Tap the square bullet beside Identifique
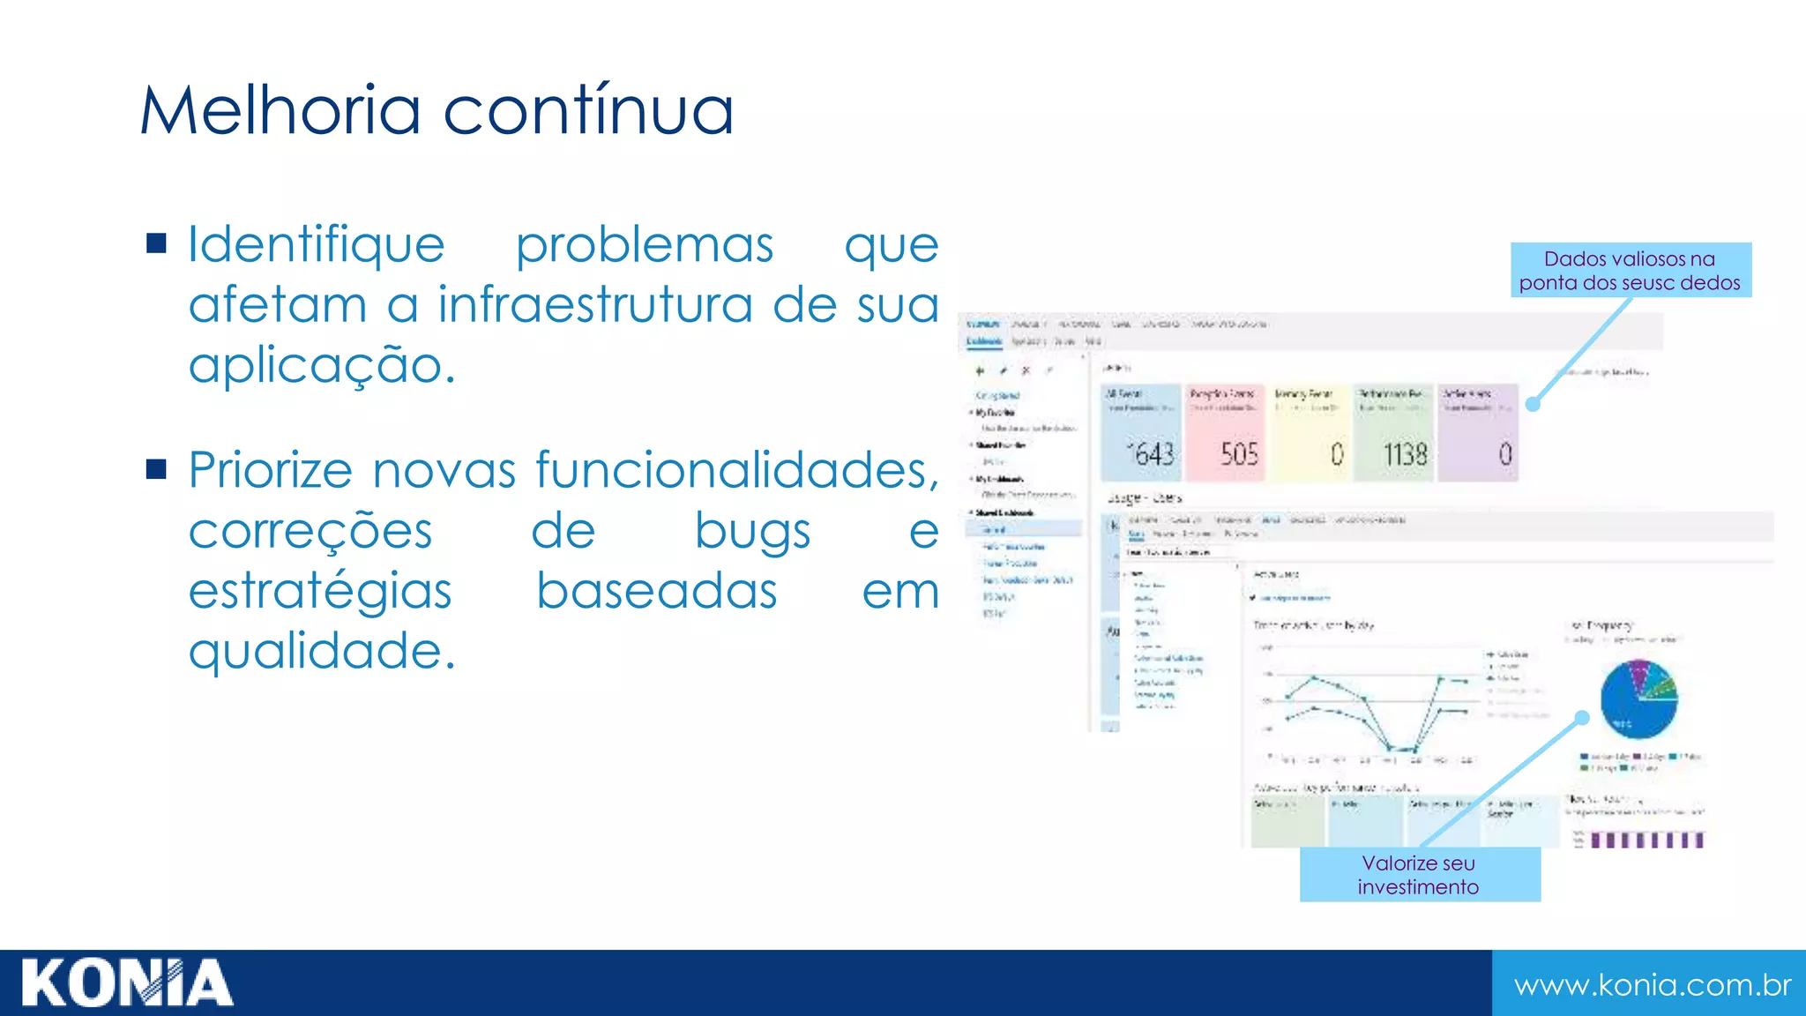pos(157,243)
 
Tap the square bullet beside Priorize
pos(157,468)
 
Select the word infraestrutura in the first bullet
pos(596,304)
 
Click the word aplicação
pos(322,364)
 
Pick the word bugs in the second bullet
pos(752,531)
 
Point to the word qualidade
pos(322,651)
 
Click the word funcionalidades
pos(737,469)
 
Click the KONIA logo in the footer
pos(127,982)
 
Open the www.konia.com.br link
pos(1652,984)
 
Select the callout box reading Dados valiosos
pos(1631,270)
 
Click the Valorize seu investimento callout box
pos(1419,874)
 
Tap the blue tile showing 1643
pos(1141,433)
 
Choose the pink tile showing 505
pos(1225,433)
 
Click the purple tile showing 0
pos(1478,433)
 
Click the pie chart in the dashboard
pos(1638,698)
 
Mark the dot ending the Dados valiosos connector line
pos(1533,404)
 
